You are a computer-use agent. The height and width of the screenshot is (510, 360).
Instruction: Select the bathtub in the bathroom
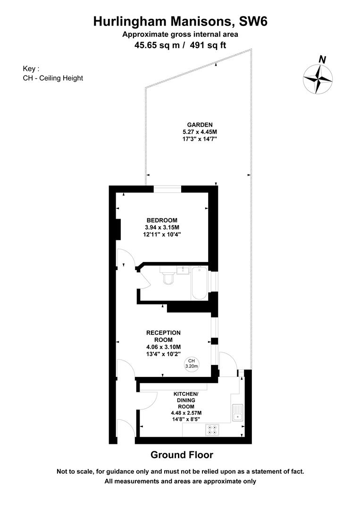tap(199, 283)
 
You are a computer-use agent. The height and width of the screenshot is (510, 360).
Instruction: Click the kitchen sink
tap(237, 413)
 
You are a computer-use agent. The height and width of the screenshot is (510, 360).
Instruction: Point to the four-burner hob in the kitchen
tap(212, 429)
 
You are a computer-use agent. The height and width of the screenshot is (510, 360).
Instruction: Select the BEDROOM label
tap(162, 220)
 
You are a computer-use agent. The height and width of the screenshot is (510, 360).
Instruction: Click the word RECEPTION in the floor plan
tap(163, 333)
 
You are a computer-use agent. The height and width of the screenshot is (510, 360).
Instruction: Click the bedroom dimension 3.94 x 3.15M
tap(162, 227)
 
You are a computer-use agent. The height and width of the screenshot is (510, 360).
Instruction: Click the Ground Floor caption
tap(182, 455)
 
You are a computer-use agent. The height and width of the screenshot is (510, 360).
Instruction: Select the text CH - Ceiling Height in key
tap(53, 78)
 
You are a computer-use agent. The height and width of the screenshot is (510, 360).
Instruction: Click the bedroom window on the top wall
tap(167, 189)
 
